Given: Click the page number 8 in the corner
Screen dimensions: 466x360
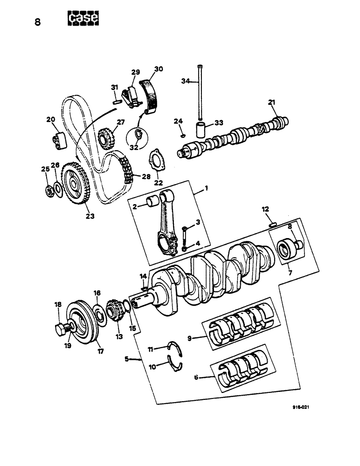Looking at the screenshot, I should coord(38,22).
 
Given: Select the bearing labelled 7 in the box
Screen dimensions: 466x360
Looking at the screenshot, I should coord(285,249).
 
